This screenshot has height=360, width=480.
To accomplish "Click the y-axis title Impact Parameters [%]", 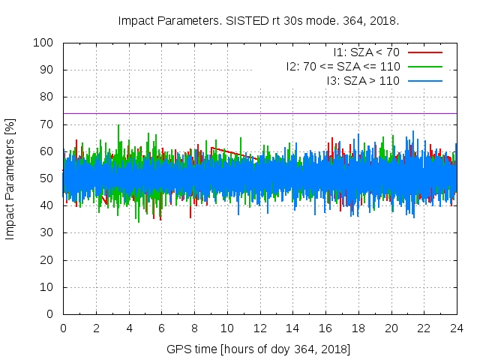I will click(x=10, y=178).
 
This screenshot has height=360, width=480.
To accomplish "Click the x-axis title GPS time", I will click(x=259, y=349).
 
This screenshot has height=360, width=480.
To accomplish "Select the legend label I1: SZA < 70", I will click(x=366, y=52).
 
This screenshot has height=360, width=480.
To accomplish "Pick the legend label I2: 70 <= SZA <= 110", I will click(x=342, y=66).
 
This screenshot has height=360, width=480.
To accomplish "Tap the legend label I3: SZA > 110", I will click(x=363, y=80).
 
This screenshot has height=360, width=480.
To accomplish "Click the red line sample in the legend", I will click(x=424, y=52).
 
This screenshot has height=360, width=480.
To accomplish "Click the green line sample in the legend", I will click(x=424, y=66).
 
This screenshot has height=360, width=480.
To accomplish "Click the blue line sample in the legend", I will click(x=424, y=80).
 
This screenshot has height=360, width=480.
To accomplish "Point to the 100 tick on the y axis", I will click(x=43, y=43).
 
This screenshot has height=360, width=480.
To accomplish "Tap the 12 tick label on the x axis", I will click(x=259, y=328).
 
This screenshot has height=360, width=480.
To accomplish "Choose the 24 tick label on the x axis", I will click(x=457, y=328).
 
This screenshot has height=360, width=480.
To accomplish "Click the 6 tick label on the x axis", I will click(x=161, y=328).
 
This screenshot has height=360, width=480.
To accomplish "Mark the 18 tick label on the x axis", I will click(x=358, y=328).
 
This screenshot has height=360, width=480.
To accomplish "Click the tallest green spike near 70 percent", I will click(x=118, y=126).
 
